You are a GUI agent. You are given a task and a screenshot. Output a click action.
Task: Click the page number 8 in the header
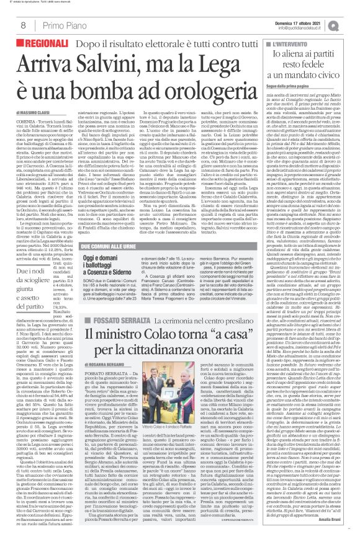pos(22,25)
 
